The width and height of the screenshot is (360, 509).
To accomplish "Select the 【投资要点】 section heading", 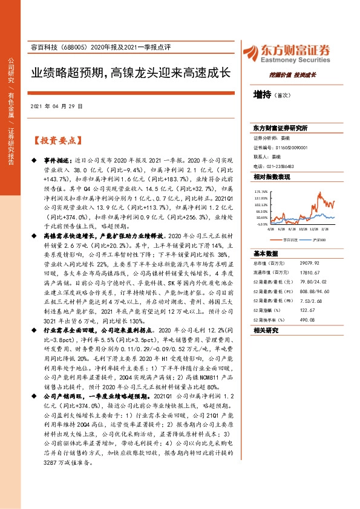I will click(x=57, y=141).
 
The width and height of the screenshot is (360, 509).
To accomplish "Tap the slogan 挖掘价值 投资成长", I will click(x=293, y=76).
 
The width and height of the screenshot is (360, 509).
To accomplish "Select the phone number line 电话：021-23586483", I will click(x=274, y=166).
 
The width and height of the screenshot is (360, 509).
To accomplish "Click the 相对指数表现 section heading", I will click(x=272, y=177).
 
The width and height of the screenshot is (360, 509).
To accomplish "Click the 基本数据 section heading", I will click(x=266, y=254).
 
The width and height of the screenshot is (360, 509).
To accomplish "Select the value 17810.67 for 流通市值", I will click(x=310, y=273).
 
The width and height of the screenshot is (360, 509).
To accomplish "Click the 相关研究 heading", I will click(x=266, y=330).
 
